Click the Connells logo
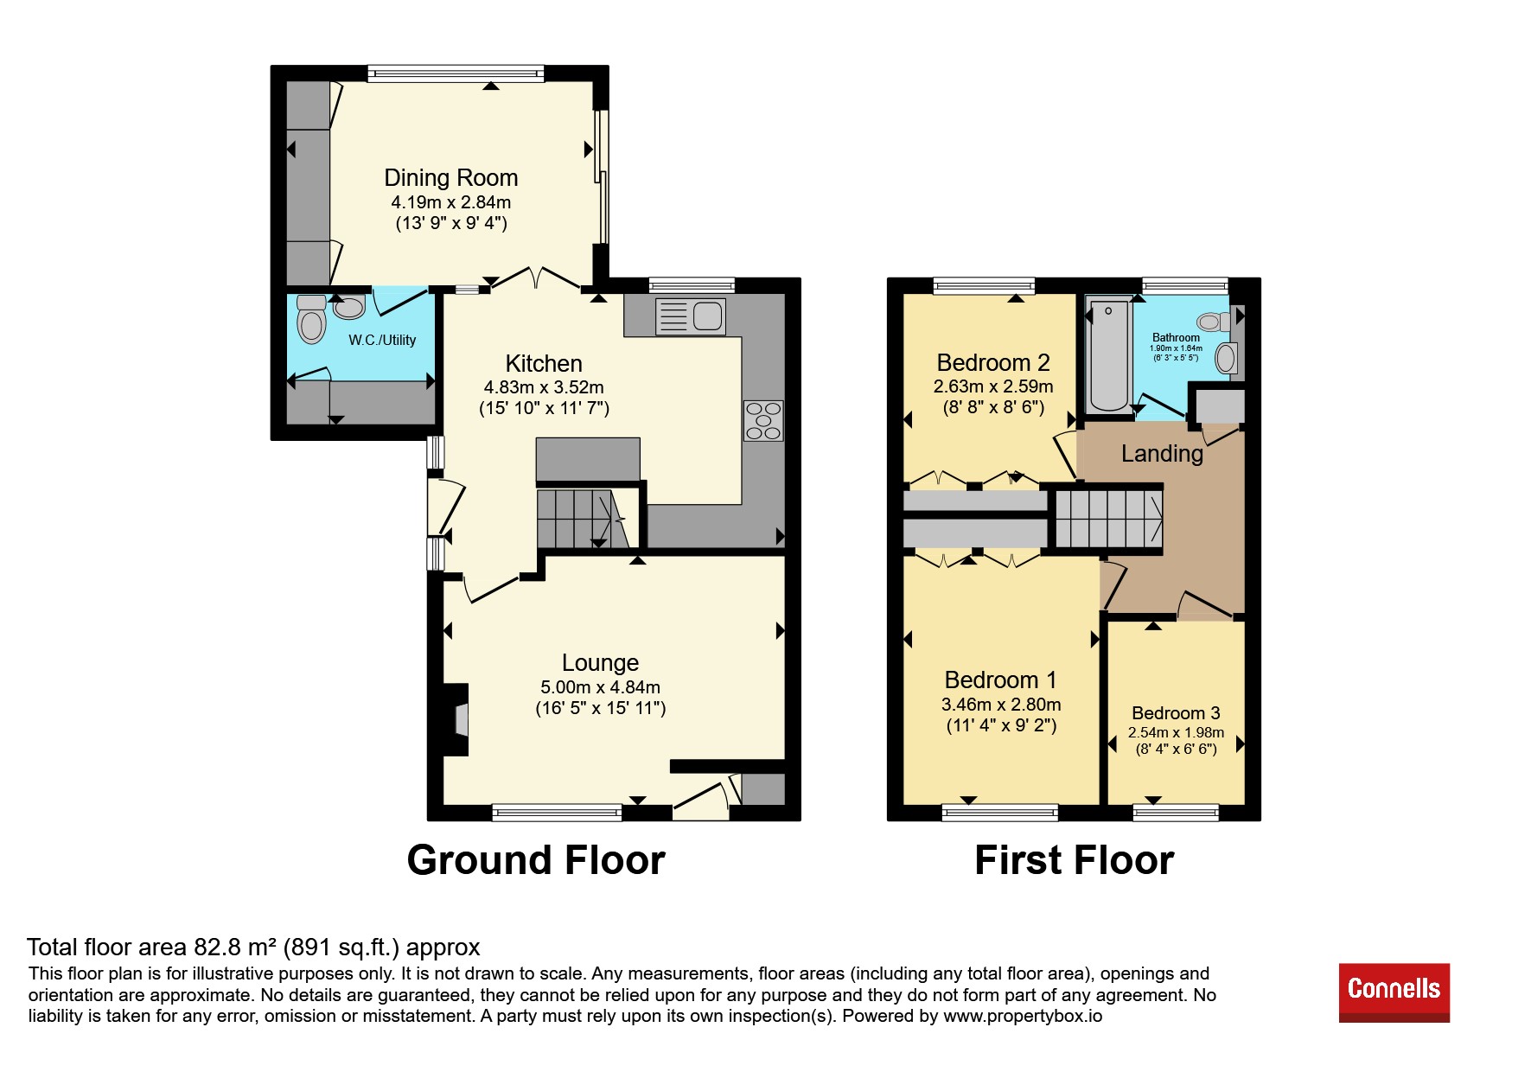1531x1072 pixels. pos(1394,992)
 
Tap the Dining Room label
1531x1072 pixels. pos(451,178)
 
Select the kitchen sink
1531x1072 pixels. pos(691,316)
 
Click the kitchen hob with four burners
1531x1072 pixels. pos(763,421)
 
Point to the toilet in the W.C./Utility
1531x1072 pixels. pos(311,320)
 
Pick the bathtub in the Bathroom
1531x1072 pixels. pos(1109,355)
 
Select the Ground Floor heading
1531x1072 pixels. pos(536,860)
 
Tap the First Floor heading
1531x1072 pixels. pos(1075,860)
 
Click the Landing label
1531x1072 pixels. pos(1162,454)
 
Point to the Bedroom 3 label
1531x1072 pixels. pos(1176,713)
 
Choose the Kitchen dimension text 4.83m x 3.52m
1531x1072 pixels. pos(544,387)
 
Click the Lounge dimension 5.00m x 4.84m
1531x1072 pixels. pos(601,687)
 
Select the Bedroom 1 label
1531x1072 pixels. pos(1000,680)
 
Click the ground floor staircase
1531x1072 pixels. pos(581,518)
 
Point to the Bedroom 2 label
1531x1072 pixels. pos(993,363)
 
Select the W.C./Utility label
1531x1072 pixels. pos(382,341)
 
